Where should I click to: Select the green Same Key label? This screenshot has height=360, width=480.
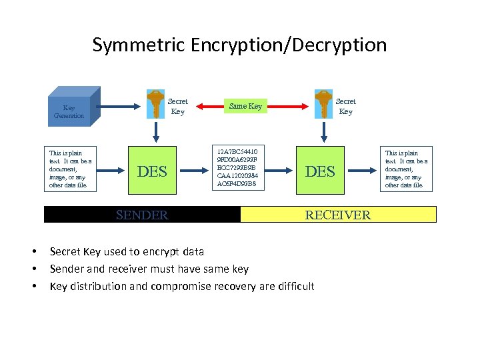click(x=245, y=106)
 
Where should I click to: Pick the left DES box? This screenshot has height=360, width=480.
click(x=152, y=171)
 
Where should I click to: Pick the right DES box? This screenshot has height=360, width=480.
click(x=320, y=171)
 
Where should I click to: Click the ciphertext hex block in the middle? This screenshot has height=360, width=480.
click(x=237, y=167)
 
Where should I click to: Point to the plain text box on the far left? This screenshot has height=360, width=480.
click(x=71, y=169)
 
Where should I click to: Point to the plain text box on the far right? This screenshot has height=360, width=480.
click(x=407, y=169)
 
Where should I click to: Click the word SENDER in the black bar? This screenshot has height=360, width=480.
click(x=142, y=215)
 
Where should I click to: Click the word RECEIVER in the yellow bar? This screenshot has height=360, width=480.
click(x=337, y=215)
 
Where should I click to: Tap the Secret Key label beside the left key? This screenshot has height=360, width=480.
click(x=177, y=107)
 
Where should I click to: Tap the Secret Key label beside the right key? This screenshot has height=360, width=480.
click(x=345, y=107)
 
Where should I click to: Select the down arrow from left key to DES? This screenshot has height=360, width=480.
click(x=156, y=133)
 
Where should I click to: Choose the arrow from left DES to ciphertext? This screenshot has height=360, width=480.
click(x=194, y=171)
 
